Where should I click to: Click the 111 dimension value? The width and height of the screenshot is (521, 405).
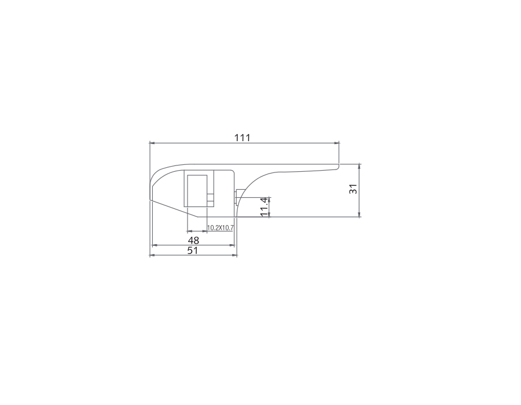[242, 138]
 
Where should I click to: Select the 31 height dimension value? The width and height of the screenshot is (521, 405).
[354, 189]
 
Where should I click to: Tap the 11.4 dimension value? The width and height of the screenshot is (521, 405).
[264, 207]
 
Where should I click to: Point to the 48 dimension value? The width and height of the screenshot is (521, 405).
[193, 240]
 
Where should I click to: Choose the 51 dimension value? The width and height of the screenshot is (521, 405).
[193, 251]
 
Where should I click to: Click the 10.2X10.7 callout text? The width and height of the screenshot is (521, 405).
[221, 228]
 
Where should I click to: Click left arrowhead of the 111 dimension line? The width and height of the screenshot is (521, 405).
[152, 143]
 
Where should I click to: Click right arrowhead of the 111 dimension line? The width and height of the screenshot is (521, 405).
[336, 143]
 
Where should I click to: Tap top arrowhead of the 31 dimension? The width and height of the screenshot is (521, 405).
[359, 166]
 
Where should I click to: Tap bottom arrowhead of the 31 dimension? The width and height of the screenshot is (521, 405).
[359, 215]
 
